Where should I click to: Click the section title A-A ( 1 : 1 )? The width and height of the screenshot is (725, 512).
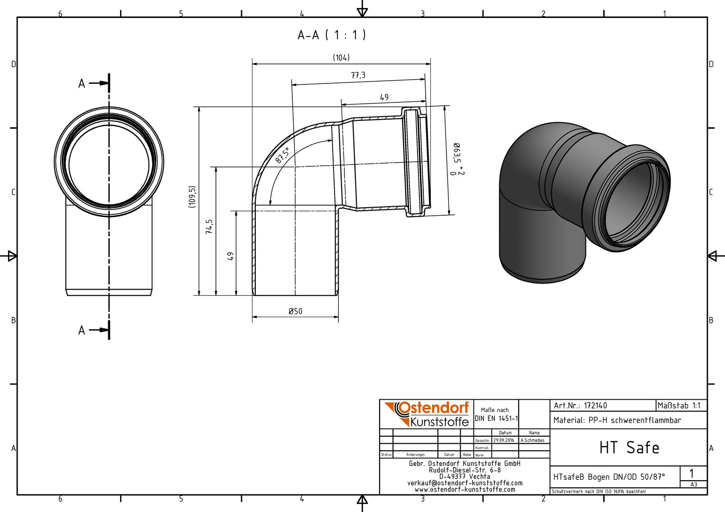coord(332,35)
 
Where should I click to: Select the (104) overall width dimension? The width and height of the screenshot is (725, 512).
coord(341,57)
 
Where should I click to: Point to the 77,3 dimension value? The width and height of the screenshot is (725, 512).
coord(358,75)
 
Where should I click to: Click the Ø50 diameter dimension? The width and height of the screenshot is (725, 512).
coord(295,311)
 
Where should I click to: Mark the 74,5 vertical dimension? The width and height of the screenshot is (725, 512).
coord(209,227)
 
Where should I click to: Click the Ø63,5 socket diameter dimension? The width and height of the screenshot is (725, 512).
coord(457,159)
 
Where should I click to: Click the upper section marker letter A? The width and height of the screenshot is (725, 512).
coord(82,84)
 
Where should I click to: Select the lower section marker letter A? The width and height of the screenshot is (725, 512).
coord(82,330)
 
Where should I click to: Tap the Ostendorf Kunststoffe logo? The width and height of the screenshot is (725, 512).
coord(427,414)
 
